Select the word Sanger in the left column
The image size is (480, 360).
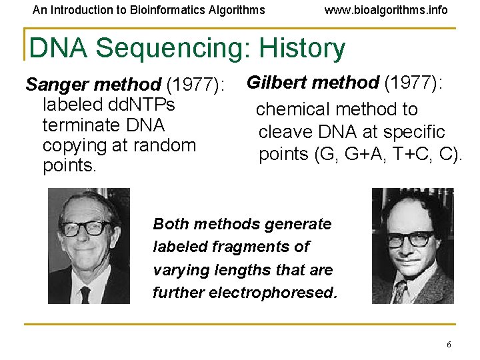pos(58,85)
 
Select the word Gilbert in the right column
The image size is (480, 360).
pos(277,83)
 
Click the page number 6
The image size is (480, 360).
pos(449,345)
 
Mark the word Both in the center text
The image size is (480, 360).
pos(170,223)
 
